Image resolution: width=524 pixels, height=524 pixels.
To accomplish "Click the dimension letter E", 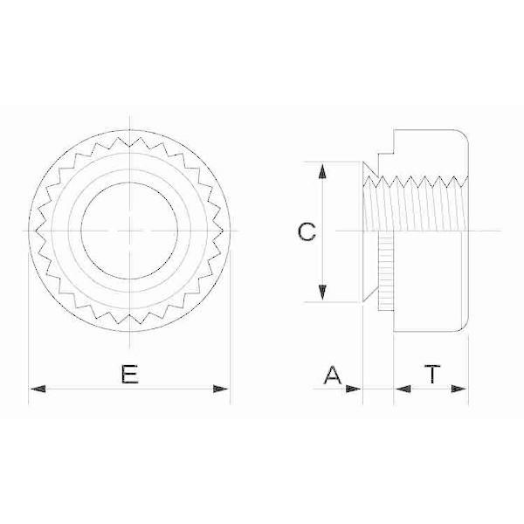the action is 129,374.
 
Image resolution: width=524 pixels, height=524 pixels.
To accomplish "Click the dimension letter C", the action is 307,231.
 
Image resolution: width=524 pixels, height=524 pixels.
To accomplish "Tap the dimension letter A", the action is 333,375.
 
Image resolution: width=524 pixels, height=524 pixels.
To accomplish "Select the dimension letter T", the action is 432,374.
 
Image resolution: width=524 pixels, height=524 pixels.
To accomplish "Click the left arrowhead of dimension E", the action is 38,389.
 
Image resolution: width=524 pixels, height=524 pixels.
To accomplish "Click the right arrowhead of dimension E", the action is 221,389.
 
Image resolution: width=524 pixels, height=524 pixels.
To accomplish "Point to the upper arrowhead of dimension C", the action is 322,171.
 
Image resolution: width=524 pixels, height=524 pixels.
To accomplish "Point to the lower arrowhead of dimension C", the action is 322,293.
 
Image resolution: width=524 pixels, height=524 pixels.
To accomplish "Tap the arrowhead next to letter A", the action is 353,389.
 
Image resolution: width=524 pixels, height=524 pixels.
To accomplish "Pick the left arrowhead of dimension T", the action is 403,389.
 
